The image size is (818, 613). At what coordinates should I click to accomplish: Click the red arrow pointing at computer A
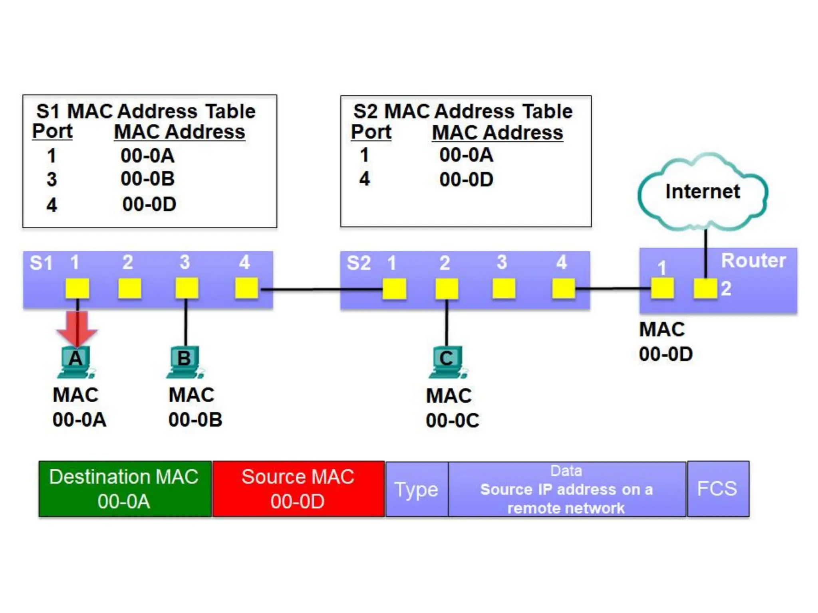coord(77,328)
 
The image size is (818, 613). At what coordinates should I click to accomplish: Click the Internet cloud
coord(703,192)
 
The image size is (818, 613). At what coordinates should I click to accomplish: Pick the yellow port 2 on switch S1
coord(129,288)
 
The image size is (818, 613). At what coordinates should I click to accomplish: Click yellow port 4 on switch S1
coord(246,288)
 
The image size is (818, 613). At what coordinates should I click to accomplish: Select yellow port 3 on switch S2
coord(504,289)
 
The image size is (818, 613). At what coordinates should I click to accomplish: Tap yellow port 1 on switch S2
coord(394,289)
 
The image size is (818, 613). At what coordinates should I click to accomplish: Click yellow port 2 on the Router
coord(705,289)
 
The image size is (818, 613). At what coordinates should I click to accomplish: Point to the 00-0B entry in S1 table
coord(148,179)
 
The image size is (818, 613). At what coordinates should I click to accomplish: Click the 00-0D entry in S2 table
coord(466,180)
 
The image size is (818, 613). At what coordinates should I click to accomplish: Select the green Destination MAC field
coord(125,489)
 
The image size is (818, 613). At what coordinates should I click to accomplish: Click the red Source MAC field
coord(298,489)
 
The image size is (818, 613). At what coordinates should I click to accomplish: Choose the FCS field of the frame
coord(717,489)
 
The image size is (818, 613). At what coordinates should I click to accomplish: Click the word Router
coord(753,261)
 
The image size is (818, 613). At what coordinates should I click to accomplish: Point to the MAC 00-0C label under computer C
coord(452,408)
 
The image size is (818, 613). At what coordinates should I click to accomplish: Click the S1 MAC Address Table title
coord(146,111)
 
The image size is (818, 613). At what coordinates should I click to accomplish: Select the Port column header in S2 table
coord(371,132)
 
